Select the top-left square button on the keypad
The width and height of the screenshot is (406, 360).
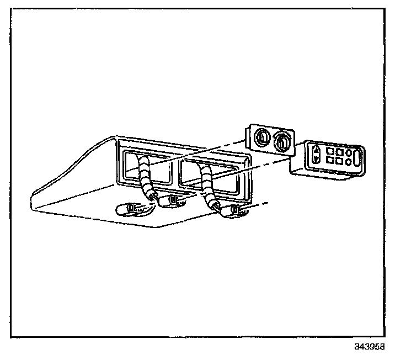pyautogui.click(x=331, y=150)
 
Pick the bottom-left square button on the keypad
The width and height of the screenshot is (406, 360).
pyautogui.click(x=330, y=160)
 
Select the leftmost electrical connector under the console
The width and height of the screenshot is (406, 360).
pyautogui.click(x=132, y=208)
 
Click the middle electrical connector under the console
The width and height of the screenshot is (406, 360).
pyautogui.click(x=175, y=200)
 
